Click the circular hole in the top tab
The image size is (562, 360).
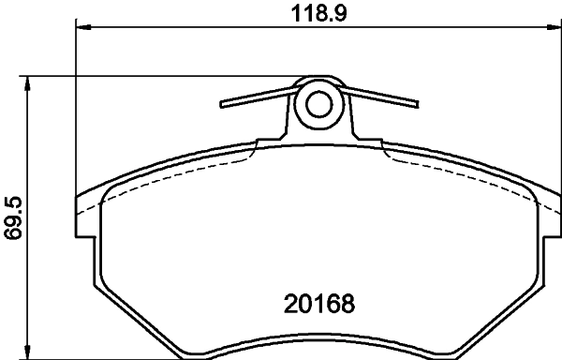click(320, 104)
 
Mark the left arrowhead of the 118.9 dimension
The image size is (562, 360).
click(80, 29)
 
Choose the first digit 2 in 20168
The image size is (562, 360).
click(290, 306)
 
